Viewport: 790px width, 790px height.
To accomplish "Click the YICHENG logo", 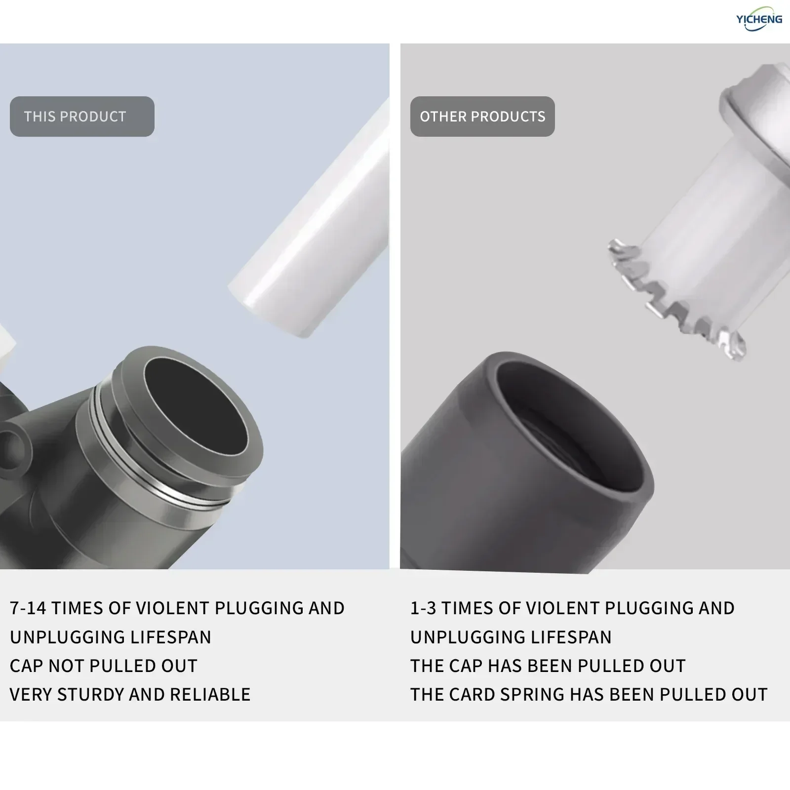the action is click(759, 19).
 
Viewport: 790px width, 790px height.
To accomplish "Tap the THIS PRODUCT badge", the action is click(82, 117).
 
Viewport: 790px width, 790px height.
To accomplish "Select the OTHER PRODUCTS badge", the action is click(482, 117).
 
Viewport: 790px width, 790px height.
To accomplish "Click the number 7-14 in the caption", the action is click(28, 608).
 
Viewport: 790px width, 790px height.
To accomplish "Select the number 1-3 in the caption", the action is click(423, 608).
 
